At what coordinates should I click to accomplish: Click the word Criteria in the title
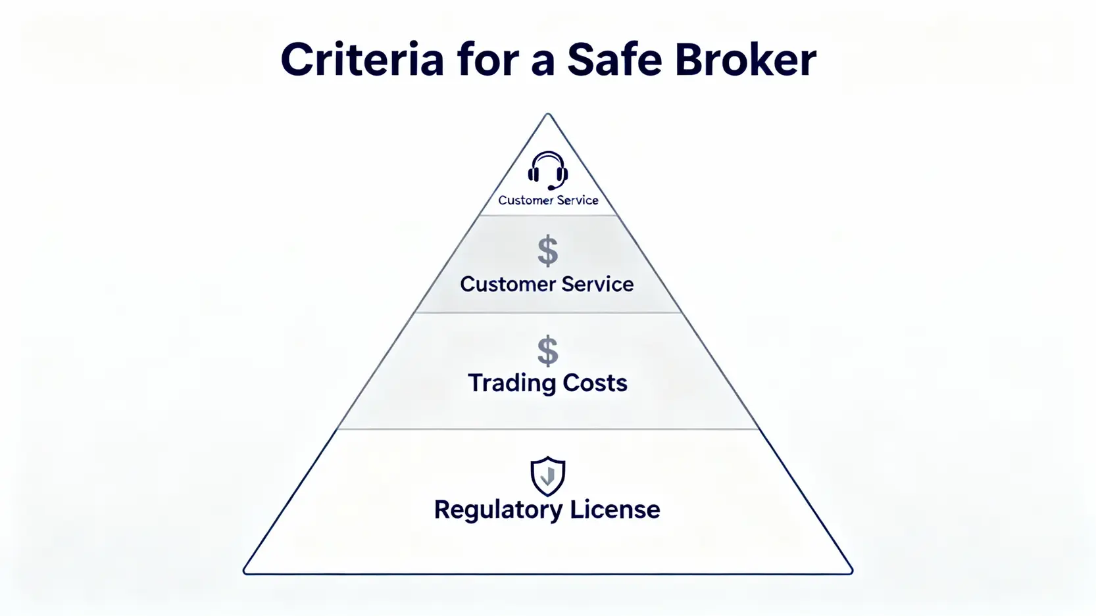(362, 60)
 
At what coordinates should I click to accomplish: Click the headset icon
(547, 170)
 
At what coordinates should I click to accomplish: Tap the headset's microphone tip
(551, 189)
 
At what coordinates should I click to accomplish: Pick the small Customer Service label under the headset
(548, 201)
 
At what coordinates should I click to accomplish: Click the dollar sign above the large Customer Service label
(547, 251)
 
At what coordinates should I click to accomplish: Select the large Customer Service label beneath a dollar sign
(547, 284)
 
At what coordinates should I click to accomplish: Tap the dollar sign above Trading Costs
(547, 350)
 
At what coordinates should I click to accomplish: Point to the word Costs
(595, 383)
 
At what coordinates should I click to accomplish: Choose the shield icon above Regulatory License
(547, 476)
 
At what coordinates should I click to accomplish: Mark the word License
(614, 510)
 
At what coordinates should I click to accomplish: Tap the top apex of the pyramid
(548, 114)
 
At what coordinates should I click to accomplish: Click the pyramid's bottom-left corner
(245, 572)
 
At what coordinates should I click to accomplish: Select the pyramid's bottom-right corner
(851, 572)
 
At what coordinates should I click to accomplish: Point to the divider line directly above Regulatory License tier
(548, 429)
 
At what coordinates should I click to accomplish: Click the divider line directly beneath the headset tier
(548, 215)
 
